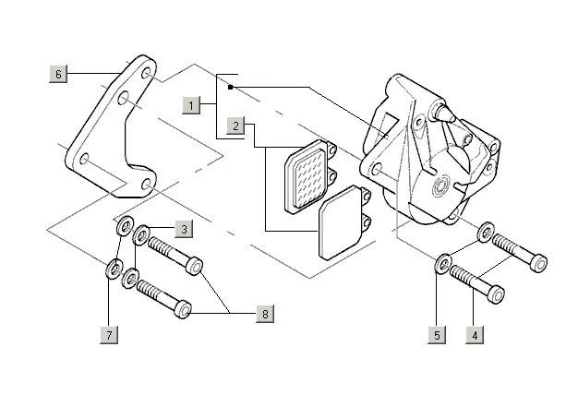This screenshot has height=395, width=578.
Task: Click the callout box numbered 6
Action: click(x=59, y=73)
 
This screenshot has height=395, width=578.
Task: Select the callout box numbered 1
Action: click(x=191, y=104)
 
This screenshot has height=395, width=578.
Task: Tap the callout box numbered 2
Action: click(x=237, y=126)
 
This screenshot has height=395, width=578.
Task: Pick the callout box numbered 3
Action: click(x=184, y=228)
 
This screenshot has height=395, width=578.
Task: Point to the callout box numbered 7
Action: click(x=110, y=335)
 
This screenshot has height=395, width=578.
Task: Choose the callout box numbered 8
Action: click(x=265, y=315)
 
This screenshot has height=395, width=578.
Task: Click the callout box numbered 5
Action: click(x=437, y=335)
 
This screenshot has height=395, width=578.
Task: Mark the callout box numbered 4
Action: click(x=475, y=335)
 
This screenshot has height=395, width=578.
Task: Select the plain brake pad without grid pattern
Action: click(x=342, y=226)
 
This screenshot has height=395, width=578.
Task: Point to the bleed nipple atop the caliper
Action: click(x=441, y=112)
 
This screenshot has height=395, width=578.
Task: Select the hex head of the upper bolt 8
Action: click(x=195, y=266)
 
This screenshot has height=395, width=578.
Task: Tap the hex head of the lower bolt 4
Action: click(x=496, y=295)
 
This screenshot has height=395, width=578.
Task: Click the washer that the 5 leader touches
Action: click(x=442, y=263)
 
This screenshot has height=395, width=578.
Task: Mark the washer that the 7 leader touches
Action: click(x=113, y=269)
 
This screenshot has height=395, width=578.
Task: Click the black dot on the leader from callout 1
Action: click(x=231, y=88)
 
